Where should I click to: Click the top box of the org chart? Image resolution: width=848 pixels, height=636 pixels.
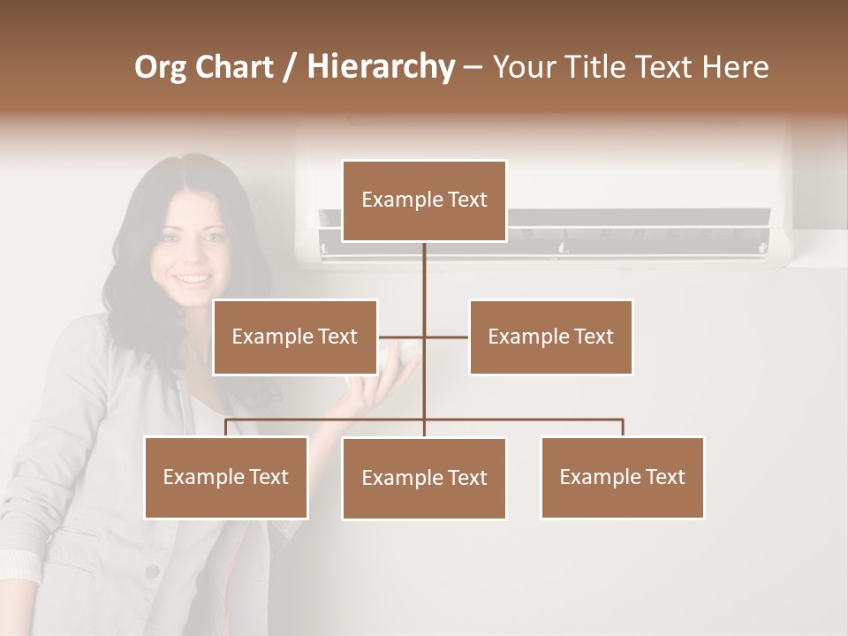(x=424, y=201)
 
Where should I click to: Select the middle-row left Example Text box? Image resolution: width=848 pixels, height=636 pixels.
(x=295, y=337)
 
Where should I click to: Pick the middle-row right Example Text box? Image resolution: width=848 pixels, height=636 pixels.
(x=550, y=337)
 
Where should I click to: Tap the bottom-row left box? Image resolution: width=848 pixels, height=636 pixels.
(x=226, y=477)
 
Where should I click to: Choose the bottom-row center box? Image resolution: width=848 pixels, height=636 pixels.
(x=424, y=478)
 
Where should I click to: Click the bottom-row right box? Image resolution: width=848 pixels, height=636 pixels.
(x=622, y=477)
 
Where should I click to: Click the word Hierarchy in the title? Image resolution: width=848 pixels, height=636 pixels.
(x=381, y=67)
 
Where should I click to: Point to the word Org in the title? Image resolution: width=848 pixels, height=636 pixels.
(x=160, y=67)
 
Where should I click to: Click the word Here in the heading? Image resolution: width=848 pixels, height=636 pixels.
(x=735, y=67)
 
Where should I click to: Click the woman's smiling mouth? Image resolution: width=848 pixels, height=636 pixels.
(x=192, y=279)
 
